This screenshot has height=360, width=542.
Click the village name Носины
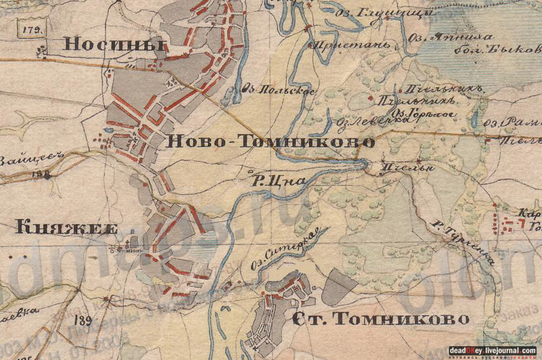tap(113, 45)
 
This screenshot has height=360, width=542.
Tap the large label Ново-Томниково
tap(271, 142)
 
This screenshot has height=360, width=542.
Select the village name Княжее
tap(66, 228)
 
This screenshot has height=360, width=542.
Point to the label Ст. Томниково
tap(380, 319)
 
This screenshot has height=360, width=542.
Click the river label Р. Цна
tap(278, 182)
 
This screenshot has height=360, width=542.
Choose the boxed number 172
tap(32, 29)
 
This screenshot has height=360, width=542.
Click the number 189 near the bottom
tap(84, 321)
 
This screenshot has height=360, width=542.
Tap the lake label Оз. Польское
tap(278, 91)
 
